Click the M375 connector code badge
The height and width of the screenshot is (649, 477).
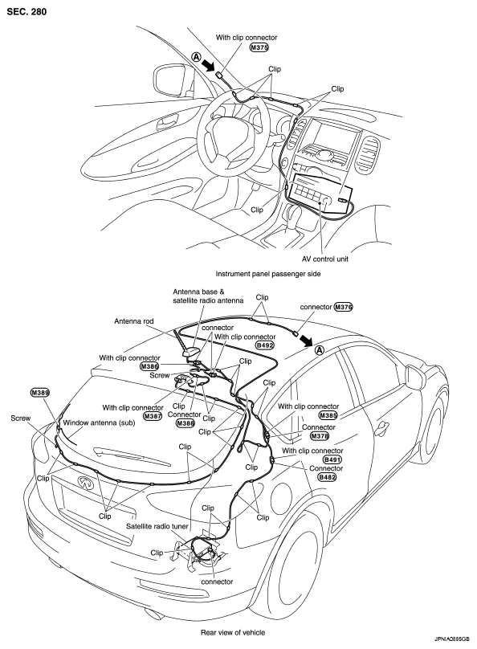[x=259, y=47]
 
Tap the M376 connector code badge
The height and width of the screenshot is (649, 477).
[x=344, y=307]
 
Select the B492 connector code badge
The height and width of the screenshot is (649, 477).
[x=265, y=345]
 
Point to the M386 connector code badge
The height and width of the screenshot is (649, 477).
[x=149, y=366]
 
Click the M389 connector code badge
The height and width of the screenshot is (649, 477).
[x=40, y=392]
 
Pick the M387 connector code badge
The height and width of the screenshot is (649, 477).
[x=153, y=416]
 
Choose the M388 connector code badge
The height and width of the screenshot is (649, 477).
[x=185, y=423]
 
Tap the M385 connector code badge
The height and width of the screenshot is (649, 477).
[x=328, y=415]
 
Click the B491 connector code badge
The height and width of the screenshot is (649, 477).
[x=332, y=459]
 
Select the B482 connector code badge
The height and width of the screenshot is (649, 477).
[x=328, y=477]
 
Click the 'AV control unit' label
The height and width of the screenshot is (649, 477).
[x=325, y=259]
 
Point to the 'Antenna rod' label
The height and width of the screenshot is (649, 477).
[x=133, y=321]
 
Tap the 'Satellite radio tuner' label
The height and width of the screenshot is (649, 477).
[x=157, y=526]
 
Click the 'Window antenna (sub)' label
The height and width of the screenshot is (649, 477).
[x=99, y=423]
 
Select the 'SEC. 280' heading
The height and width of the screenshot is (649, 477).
[x=26, y=11]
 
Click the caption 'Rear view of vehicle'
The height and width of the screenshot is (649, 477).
[x=233, y=632]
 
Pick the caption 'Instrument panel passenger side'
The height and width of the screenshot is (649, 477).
[x=268, y=274]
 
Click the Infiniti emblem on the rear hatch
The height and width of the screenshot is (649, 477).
[x=85, y=481]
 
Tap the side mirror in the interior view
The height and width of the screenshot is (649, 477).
[x=170, y=80]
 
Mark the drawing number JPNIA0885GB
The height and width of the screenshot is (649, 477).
[x=452, y=639]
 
